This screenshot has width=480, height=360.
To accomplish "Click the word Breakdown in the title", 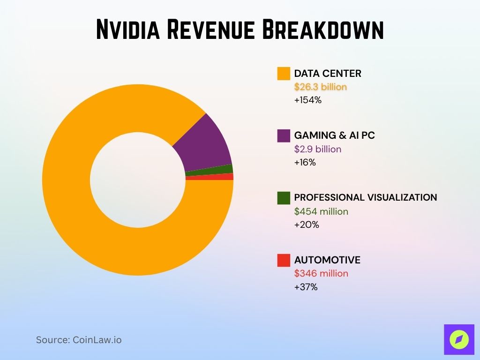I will (x=322, y=30).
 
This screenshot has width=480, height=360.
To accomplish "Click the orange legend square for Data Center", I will (x=284, y=74).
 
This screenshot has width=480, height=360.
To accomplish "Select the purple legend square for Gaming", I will (x=284, y=135).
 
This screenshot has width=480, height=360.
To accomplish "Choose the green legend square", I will (x=284, y=198).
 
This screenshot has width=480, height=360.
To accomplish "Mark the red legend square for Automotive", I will (x=284, y=260).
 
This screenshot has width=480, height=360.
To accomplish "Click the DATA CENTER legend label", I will (x=328, y=74).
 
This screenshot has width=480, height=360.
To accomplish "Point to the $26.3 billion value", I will (x=321, y=87).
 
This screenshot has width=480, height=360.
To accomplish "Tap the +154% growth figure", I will (x=308, y=100).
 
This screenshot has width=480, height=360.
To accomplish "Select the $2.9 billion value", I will (x=318, y=150).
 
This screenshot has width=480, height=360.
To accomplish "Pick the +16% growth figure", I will (x=305, y=163).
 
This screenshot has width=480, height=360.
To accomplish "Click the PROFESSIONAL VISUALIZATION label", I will (x=365, y=198).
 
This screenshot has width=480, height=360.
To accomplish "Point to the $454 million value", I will (x=321, y=211).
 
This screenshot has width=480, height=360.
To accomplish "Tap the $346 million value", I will (x=321, y=274).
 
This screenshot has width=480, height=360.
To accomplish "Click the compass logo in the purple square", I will (x=459, y=339).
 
